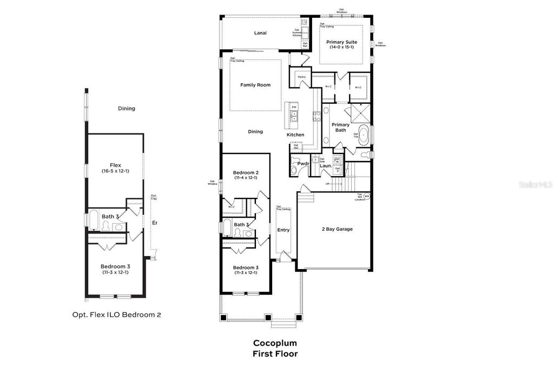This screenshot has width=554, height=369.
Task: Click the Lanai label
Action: pyautogui.click(x=261, y=33)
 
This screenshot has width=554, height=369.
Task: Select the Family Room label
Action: pyautogui.click(x=255, y=85)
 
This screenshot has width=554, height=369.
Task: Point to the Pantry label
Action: pyautogui.click(x=301, y=77)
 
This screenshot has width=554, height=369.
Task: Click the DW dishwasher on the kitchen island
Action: pyautogui.click(x=294, y=107)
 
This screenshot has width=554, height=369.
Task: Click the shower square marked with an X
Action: pyautogui.click(x=359, y=113)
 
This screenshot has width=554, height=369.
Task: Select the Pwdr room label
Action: pyautogui.click(x=303, y=163)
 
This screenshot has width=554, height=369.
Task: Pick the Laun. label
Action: pyautogui.click(x=325, y=166)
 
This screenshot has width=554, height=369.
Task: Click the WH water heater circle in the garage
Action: pyautogui.click(x=366, y=196)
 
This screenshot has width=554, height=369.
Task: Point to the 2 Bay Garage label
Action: pyautogui.click(x=334, y=229)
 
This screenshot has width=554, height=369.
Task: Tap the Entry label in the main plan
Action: pyautogui.click(x=283, y=230)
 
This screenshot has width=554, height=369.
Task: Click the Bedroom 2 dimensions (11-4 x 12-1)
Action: pyautogui.click(x=245, y=178)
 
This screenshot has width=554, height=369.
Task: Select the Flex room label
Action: pyautogui.click(x=115, y=165)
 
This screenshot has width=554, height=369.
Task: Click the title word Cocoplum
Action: pyautogui.click(x=275, y=343)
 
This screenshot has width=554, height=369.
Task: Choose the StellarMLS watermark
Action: pyautogui.click(x=535, y=184)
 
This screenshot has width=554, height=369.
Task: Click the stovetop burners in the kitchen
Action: pyautogui.click(x=314, y=115)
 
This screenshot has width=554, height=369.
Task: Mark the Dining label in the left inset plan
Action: pyautogui.click(x=126, y=109)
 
